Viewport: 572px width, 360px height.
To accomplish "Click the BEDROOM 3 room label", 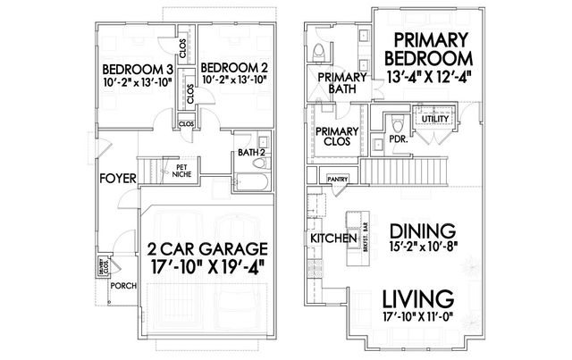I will coord(137,69).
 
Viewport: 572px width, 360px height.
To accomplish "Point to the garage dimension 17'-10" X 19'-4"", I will coord(203,267).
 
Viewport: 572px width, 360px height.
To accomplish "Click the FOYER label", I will coord(118,178).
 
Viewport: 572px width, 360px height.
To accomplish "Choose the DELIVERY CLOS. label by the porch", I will coord(105,264).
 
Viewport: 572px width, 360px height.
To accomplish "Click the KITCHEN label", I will coord(327,239).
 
